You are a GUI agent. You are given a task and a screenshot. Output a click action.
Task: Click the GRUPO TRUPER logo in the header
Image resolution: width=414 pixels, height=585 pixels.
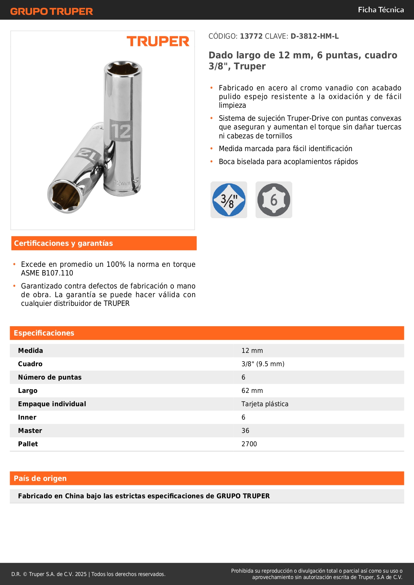51,11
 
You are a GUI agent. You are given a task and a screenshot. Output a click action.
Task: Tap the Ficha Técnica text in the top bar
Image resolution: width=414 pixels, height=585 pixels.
381,10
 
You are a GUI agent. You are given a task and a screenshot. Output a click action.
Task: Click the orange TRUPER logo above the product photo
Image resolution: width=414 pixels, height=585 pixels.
158,41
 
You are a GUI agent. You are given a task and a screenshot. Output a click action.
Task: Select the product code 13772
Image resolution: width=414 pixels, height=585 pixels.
251,36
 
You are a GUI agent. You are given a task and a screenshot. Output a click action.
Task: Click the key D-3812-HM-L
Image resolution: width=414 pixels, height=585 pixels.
315,36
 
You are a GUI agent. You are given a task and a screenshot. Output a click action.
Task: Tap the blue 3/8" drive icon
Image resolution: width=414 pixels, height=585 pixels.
229,200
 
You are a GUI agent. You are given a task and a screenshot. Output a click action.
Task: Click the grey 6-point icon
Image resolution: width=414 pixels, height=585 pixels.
274,200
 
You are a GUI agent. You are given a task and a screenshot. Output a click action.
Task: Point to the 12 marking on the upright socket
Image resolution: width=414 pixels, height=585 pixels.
120,131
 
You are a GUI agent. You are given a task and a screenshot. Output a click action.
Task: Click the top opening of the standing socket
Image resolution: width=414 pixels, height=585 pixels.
122,68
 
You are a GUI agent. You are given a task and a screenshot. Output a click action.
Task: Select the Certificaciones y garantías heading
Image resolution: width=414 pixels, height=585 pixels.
63,243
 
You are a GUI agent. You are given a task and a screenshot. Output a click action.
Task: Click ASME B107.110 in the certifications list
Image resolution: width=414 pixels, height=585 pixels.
47,273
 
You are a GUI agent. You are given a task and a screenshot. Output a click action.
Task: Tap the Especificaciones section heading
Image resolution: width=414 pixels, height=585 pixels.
44,333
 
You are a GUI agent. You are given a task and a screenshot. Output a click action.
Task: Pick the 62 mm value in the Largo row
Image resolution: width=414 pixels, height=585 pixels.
252,391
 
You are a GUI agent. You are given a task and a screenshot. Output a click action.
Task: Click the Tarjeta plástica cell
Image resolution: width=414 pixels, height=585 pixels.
265,404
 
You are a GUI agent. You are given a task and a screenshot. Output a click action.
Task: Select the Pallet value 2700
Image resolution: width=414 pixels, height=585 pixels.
249,444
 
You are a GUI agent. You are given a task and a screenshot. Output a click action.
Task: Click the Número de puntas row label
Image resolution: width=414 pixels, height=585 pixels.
50,377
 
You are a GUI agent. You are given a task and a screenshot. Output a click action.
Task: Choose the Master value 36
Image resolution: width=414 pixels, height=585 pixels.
245,431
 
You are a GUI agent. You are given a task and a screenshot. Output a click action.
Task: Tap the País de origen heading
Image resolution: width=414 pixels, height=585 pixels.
40,479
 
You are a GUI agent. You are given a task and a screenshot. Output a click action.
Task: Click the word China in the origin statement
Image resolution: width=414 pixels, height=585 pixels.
75,496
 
